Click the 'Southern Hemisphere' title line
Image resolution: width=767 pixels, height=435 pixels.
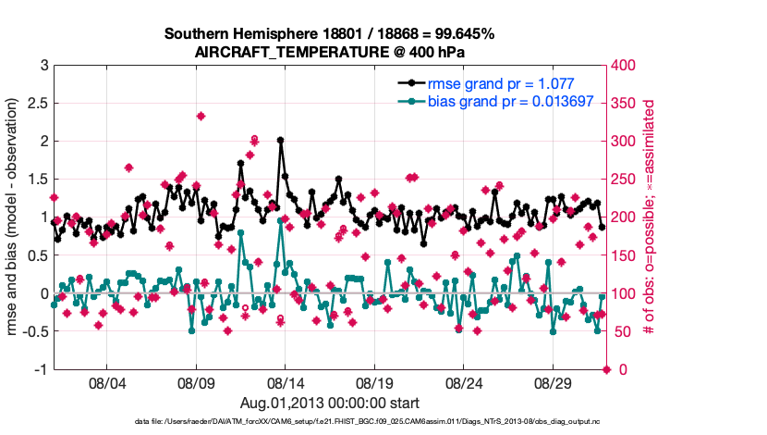point(330,33)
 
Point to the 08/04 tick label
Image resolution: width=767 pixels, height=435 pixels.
point(106,382)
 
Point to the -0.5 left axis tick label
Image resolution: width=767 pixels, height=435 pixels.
point(33,331)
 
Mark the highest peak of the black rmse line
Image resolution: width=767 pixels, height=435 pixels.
point(280,140)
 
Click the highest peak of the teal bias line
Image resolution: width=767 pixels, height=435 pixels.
point(280,220)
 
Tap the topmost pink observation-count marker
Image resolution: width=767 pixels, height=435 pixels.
point(201,116)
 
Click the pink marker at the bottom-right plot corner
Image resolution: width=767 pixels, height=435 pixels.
point(607,369)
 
